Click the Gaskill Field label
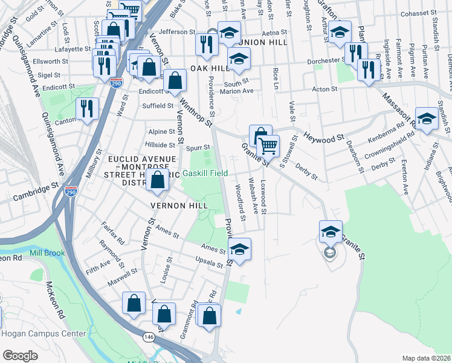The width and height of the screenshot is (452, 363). click(x=205, y=173)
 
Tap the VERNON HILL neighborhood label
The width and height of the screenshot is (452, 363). click(x=175, y=206)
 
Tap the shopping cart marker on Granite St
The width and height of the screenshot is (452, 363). click(x=268, y=146)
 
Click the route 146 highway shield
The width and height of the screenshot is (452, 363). click(x=149, y=336)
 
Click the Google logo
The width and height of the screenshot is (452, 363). click(x=20, y=355)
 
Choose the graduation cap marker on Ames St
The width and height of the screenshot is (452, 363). click(x=239, y=249)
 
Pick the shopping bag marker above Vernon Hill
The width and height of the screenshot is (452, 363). click(x=158, y=180)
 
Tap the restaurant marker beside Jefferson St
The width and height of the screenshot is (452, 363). click(x=207, y=44)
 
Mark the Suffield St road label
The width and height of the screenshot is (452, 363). click(x=158, y=106)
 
